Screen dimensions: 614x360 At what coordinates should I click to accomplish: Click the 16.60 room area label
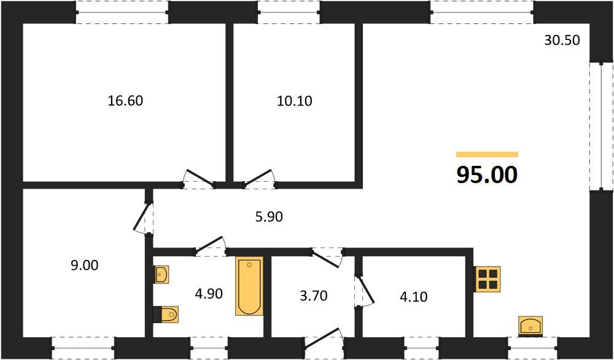coord(125,101)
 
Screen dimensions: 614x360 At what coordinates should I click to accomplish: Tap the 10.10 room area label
coord(295,101)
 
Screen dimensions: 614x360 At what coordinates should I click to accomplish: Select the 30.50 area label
coord(562,40)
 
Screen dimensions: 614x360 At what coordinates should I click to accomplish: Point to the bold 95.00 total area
coord(487,174)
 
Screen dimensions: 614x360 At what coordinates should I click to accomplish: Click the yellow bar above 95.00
coord(487,154)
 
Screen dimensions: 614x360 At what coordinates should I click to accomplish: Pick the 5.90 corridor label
coord(269,216)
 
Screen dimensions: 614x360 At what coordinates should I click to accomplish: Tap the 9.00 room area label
coord(85,265)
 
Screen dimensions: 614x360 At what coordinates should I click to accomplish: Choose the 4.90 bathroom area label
coord(209,293)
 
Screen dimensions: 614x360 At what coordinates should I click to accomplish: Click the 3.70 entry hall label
coord(313,295)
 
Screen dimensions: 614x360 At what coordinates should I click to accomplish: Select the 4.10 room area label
coord(413,297)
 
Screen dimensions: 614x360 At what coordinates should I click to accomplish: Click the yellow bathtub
coord(249,286)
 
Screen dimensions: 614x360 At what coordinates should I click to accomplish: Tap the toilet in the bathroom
coord(166,314)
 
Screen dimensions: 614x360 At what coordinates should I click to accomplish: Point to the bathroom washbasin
coord(161,274)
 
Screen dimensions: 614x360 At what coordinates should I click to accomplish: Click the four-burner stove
coord(487,279)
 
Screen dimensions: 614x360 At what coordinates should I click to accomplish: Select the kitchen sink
coord(530,326)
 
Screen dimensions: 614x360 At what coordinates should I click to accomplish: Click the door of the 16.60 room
coord(199,178)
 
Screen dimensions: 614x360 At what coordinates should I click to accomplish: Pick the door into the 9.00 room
coord(142,218)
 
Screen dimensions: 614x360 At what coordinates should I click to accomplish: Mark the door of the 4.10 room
coord(364,290)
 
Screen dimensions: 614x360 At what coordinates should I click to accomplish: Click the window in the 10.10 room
coord(289,12)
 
